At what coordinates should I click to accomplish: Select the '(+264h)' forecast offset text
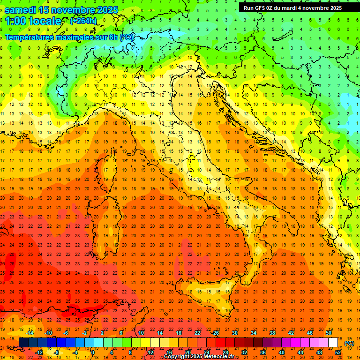(x=83, y=21)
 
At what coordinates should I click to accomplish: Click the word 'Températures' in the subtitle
(x=30, y=37)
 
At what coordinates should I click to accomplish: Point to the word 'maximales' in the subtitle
(x=75, y=37)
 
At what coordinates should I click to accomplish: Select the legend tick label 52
(x=338, y=352)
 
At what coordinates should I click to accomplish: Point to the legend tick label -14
(x=30, y=333)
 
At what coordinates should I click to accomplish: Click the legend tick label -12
(x=39, y=352)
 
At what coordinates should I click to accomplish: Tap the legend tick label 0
(x=93, y=352)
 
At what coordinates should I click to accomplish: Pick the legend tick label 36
(x=262, y=352)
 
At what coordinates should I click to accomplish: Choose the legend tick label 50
(x=329, y=333)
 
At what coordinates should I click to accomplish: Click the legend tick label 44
(x=300, y=352)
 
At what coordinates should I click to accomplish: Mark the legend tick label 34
(x=254, y=333)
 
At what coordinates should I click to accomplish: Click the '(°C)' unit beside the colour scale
(x=349, y=343)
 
